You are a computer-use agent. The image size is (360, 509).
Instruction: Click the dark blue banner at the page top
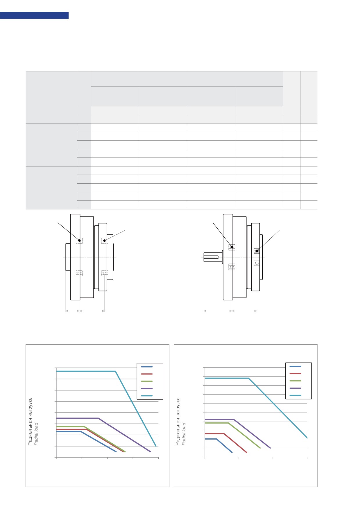click(x=34, y=15)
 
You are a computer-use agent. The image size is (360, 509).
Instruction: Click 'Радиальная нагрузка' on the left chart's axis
click(x=30, y=421)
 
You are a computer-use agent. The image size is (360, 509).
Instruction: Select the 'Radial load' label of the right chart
click(x=184, y=434)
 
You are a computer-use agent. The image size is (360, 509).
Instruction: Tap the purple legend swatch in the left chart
click(x=147, y=388)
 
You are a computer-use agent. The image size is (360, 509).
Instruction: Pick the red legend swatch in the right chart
click(x=295, y=374)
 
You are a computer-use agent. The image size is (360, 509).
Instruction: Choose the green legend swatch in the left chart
click(x=147, y=381)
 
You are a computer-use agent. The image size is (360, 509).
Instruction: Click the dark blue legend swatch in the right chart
click(x=295, y=366)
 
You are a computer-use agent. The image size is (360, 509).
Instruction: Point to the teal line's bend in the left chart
click(x=116, y=371)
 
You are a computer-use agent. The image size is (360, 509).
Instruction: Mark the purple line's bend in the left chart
click(x=98, y=418)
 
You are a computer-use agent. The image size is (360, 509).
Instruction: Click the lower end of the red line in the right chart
click(x=247, y=452)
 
